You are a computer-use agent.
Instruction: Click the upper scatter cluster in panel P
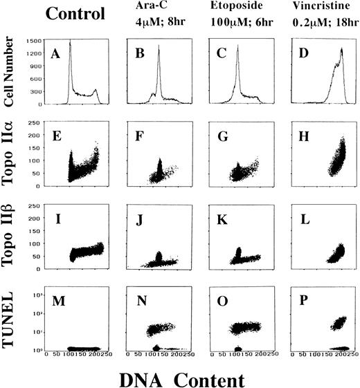pos(323,322)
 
